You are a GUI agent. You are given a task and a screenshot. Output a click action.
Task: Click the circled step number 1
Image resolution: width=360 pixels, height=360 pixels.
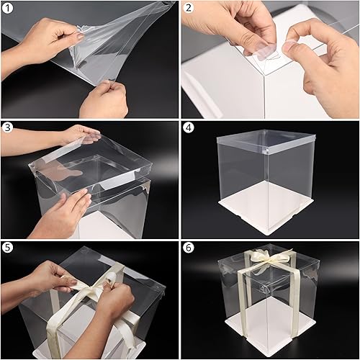coord(8,8)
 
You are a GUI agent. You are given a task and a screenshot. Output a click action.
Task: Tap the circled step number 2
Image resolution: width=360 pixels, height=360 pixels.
coord(189,8)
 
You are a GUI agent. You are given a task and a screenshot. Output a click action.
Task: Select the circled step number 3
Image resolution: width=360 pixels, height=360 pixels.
coord(8,127)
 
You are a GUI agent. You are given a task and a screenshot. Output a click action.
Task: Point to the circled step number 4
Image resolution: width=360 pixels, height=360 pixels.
coord(189,127)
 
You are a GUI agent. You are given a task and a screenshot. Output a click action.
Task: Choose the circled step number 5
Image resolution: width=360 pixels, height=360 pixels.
coord(8,248)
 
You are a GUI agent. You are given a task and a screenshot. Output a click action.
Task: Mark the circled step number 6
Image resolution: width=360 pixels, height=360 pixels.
coord(189,248)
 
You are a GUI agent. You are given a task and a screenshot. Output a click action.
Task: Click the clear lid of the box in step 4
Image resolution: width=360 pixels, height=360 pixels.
coord(266,141)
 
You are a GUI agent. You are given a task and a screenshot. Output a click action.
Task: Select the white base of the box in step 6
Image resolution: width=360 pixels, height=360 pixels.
coord(272,324)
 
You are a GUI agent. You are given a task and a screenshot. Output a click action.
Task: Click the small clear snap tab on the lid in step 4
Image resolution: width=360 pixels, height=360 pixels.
coord(266,151)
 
